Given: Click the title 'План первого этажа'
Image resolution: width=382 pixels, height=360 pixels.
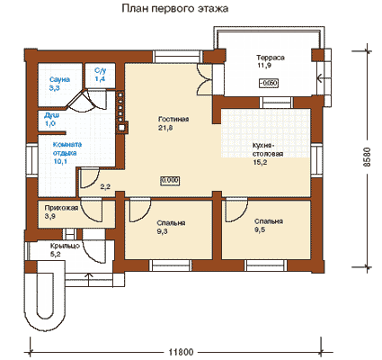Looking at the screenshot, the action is (x=175, y=9).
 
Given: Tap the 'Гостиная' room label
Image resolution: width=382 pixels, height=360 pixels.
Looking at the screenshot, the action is (x=173, y=119).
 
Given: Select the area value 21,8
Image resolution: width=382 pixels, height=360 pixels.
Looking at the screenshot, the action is (x=165, y=128).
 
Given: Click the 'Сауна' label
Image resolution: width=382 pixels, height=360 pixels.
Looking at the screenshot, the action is (x=59, y=79).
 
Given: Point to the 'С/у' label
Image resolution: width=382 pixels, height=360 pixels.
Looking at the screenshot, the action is (x=101, y=71).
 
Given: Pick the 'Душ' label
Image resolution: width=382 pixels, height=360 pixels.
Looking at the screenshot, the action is (x=51, y=115).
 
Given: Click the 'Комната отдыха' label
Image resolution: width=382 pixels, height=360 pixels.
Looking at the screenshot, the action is (x=67, y=148).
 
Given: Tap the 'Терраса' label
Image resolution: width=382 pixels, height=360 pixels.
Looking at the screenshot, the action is (x=271, y=58).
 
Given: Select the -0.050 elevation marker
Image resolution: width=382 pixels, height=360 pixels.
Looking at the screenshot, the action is (x=269, y=83).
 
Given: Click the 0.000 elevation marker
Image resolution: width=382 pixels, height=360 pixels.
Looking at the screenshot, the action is (x=170, y=181).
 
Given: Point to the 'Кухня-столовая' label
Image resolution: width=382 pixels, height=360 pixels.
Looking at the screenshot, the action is (x=268, y=149).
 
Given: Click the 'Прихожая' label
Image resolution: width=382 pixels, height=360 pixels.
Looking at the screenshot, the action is (x=61, y=208).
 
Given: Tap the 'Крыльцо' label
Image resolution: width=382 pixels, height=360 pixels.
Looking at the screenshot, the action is (x=65, y=246).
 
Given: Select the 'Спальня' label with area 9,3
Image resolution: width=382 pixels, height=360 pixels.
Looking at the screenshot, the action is (x=171, y=223).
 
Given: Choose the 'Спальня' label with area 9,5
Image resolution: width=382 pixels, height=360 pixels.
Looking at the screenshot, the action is (x=269, y=221).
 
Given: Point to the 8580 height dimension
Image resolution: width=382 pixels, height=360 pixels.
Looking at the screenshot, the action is (x=368, y=157).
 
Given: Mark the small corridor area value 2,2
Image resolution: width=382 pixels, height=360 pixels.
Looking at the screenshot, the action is (x=105, y=187).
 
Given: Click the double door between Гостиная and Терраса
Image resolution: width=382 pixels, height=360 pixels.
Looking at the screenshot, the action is (x=205, y=80).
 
